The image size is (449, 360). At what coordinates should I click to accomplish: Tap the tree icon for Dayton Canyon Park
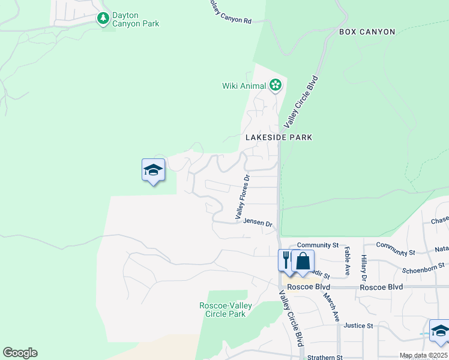coord(103,19)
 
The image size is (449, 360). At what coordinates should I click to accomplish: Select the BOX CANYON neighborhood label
coord(367,32)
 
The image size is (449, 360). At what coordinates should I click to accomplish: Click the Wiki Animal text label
coord(244,86)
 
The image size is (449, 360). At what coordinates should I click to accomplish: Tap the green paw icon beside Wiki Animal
coord(276,85)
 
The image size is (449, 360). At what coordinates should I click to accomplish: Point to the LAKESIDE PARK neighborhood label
coord(279,137)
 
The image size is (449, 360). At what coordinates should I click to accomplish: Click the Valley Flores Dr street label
coord(242,197)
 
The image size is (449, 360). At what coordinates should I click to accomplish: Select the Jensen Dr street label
coord(258,222)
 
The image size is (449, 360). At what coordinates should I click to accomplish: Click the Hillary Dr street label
coord(364,266)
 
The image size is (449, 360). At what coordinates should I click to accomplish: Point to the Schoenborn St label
coord(424,265)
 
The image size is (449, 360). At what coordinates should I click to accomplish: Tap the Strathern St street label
coord(324,357)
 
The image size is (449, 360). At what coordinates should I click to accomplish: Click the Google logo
coord(20,353)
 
